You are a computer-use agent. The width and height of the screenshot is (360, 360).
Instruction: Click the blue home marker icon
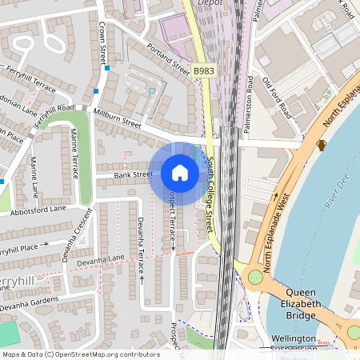[x=180, y=172]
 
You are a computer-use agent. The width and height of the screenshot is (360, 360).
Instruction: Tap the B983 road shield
[x=204, y=71]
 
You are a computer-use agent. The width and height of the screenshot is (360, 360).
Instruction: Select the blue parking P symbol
[x=152, y=92]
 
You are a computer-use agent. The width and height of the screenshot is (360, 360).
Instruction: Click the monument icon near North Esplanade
[x=322, y=145]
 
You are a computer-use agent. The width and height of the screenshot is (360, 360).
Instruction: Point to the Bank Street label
[x=133, y=174]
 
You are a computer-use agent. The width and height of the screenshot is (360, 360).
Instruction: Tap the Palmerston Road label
[x=249, y=102]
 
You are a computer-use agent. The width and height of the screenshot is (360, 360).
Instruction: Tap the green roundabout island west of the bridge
[x=255, y=278]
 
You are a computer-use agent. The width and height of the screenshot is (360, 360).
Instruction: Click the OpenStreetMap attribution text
[x=80, y=354]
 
